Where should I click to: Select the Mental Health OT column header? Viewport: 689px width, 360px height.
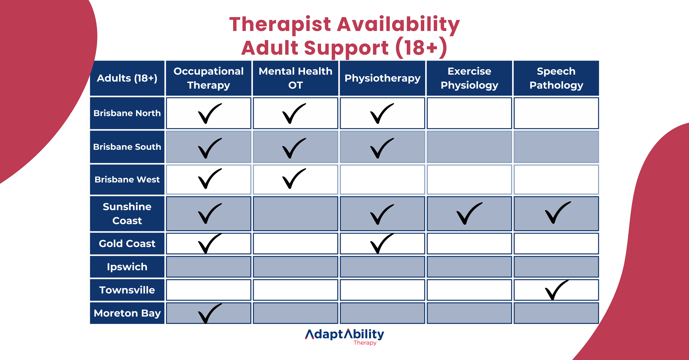click(295, 78)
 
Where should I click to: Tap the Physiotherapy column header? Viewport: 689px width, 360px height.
click(382, 78)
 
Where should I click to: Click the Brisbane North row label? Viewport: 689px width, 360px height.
click(127, 113)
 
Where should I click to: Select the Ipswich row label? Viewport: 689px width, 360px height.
click(127, 267)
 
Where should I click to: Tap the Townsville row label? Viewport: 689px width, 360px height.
click(127, 290)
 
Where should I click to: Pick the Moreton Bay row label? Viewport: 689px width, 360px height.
click(127, 313)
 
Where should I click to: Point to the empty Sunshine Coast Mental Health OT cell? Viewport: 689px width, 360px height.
click(295, 213)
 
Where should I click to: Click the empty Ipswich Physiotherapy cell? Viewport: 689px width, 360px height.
click(382, 267)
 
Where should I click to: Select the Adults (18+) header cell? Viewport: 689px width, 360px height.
click(127, 78)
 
